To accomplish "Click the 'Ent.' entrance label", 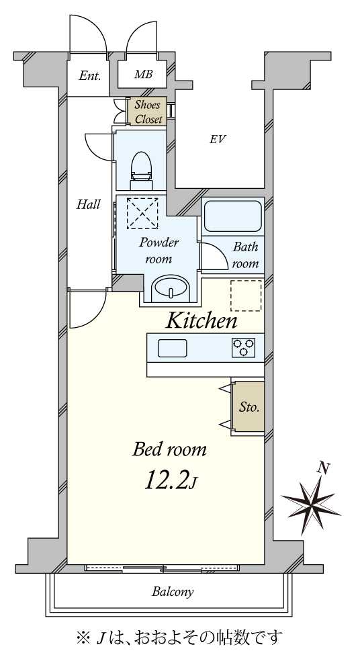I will click(90, 75).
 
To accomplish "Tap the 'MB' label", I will click(142, 75).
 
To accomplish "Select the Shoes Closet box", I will click(148, 112).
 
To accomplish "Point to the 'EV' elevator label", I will click(217, 140).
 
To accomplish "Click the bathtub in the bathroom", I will click(232, 216).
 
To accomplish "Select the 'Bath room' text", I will click(245, 255).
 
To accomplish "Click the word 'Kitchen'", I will click(201, 321).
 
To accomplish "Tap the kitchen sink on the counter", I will click(173, 348).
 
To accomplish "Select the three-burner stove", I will click(244, 347).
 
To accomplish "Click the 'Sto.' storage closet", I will click(249, 406).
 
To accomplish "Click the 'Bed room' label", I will click(169, 449).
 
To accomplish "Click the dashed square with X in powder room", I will click(142, 213).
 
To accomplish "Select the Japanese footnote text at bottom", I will click(179, 635).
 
